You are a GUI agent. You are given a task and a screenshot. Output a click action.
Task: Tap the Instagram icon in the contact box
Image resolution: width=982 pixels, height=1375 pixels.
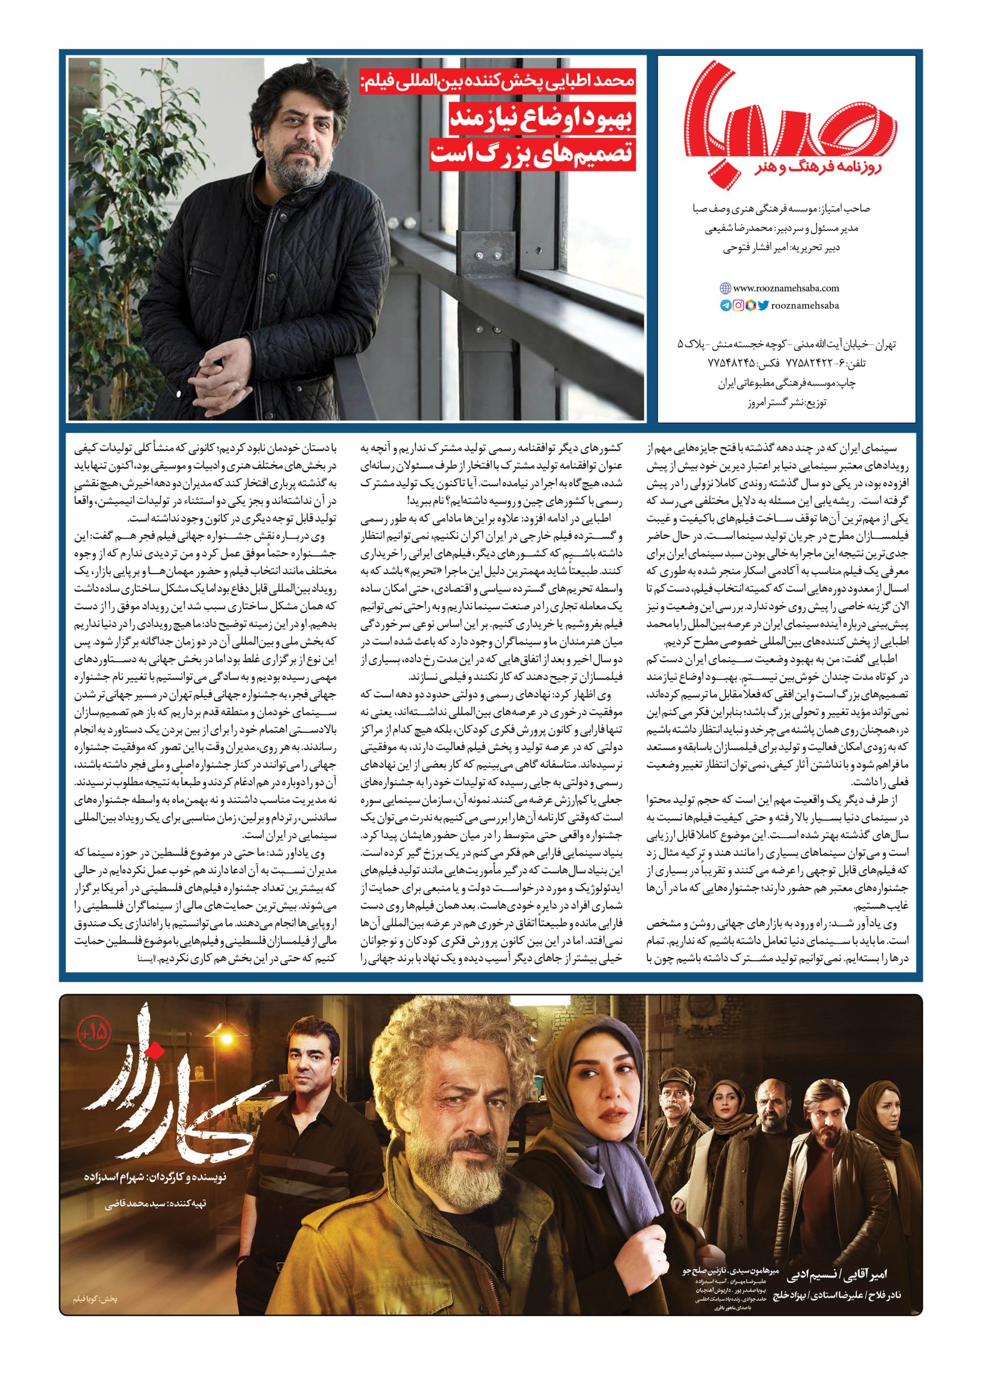pyautogui.click(x=738, y=306)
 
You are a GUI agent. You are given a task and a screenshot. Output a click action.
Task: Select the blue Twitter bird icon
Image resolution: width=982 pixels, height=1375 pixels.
pyautogui.click(x=763, y=306)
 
